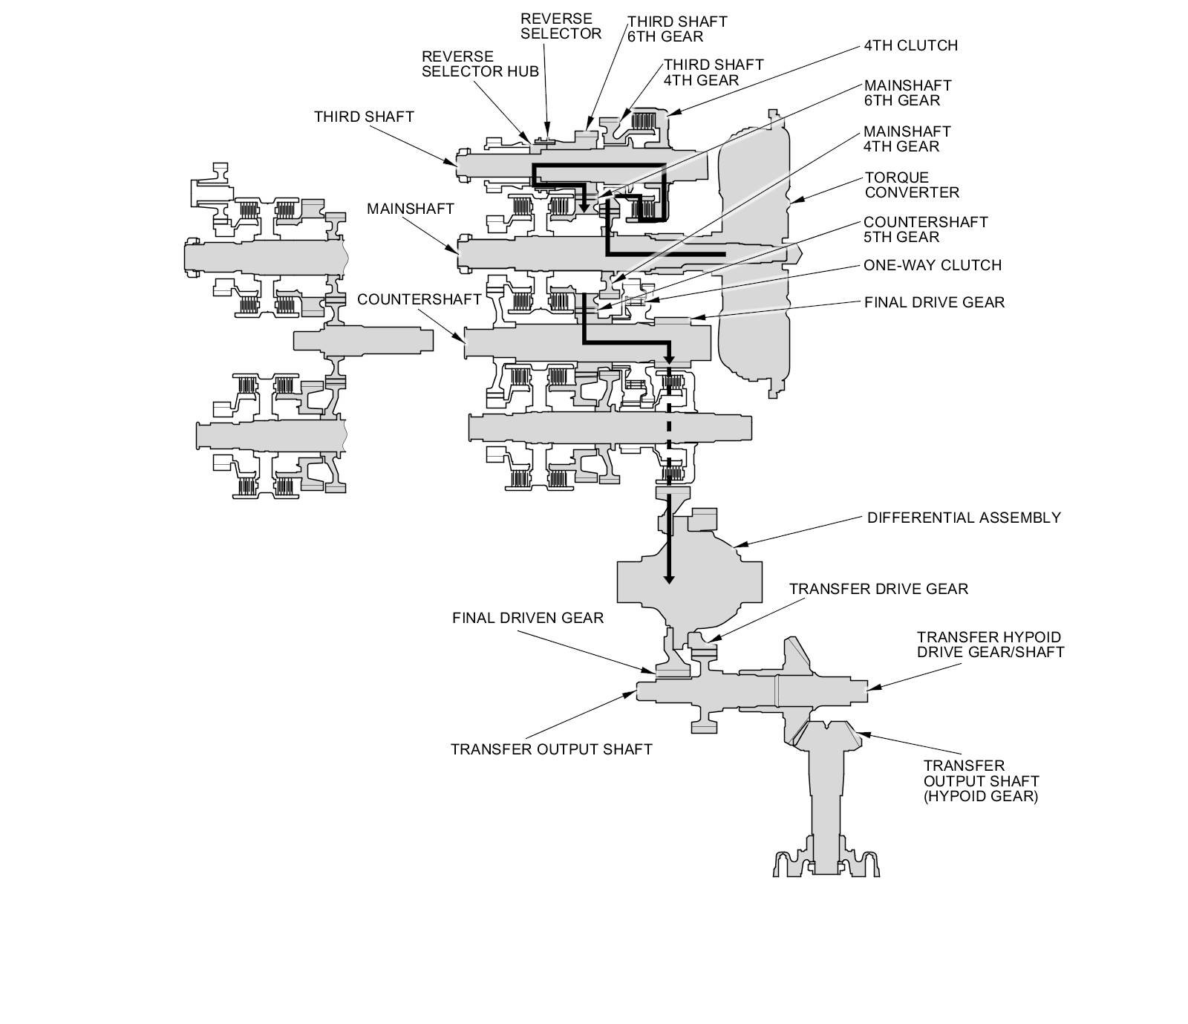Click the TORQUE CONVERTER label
pos(911,185)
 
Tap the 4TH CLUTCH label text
pos(910,45)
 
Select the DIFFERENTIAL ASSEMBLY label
pos(964,518)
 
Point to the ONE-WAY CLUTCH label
pos(932,265)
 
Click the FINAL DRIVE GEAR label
pos(934,302)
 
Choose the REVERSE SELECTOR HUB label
pos(480,64)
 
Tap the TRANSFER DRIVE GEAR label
pos(878,589)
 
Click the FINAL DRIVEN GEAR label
pos(528,618)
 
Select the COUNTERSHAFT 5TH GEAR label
pos(925,229)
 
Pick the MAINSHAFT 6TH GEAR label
pos(907,93)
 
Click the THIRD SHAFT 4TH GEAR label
pos(713,72)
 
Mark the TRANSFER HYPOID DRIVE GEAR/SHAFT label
pos(990,645)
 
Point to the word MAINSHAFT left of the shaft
pos(410,209)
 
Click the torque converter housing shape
pos(754,260)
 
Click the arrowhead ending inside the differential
pos(668,578)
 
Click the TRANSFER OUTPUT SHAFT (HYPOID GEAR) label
pos(980,780)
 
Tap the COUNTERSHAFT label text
pos(419,299)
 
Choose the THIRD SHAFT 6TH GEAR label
pos(676,29)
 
